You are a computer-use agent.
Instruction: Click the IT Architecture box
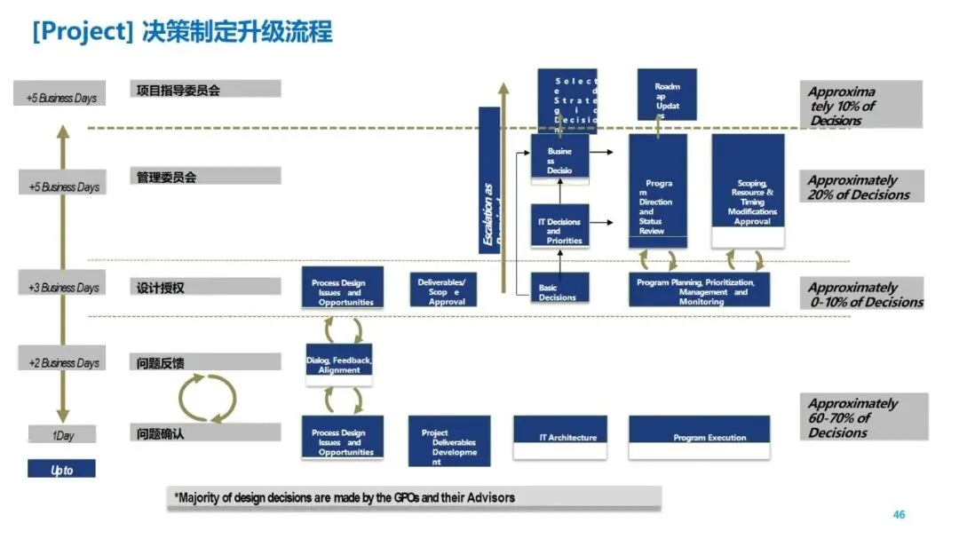click(x=560, y=437)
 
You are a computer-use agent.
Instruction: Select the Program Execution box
click(x=699, y=437)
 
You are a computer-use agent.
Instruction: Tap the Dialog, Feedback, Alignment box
click(x=338, y=364)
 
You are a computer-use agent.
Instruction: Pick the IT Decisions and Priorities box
click(x=559, y=226)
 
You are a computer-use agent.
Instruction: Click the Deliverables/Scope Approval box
click(x=447, y=287)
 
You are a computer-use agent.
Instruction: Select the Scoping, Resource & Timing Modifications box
click(x=748, y=191)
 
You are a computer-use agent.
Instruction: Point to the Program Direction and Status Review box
click(x=658, y=191)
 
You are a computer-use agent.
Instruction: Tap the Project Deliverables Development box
click(x=448, y=440)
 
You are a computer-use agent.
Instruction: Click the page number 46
click(x=899, y=515)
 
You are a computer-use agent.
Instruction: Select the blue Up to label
click(x=61, y=470)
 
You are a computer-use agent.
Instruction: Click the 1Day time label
click(x=61, y=435)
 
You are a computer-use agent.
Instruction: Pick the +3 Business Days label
click(x=63, y=287)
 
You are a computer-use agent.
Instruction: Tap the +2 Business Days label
click(x=63, y=362)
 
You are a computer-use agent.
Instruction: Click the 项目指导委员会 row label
click(x=178, y=90)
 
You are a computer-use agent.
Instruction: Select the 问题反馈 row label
click(x=161, y=362)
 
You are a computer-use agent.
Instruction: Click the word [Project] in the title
click(x=82, y=33)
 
